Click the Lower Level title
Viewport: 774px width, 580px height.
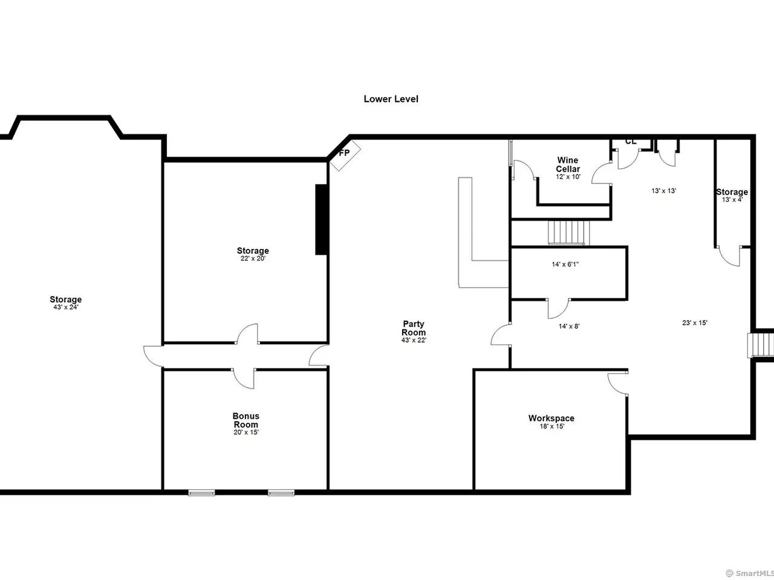[391, 99]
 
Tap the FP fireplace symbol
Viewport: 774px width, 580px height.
[345, 155]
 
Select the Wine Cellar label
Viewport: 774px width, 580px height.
[568, 164]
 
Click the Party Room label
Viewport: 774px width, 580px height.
[414, 328]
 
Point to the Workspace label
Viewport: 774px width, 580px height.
[551, 418]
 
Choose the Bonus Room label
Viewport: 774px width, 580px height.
[246, 420]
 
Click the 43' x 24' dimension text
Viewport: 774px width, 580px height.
[66, 307]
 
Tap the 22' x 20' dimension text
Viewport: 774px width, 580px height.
[253, 259]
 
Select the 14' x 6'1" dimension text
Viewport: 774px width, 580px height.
[565, 264]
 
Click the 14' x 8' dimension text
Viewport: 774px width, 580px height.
[569, 326]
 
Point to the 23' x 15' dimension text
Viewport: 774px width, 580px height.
[695, 323]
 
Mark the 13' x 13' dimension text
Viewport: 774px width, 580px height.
[663, 191]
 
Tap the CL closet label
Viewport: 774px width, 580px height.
[631, 141]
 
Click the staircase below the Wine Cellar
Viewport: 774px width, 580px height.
[568, 233]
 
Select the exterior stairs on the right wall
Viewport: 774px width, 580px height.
[761, 345]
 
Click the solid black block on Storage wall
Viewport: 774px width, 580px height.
[322, 219]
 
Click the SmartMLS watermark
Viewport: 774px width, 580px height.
[750, 573]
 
